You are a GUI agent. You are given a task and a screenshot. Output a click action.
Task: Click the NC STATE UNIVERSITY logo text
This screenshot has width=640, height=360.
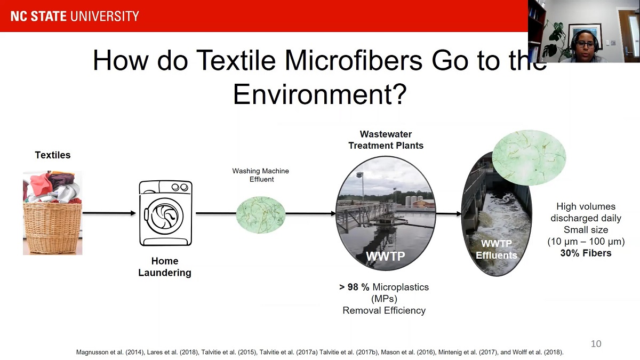(75, 16)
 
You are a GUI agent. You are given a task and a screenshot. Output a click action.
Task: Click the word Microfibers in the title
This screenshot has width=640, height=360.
(354, 60)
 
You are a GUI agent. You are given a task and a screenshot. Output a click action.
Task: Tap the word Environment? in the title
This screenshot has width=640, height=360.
(319, 94)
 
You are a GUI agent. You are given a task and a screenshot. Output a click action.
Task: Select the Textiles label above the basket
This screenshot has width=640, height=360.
(53, 155)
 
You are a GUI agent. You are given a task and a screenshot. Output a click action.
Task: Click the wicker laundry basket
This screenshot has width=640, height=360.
(53, 228)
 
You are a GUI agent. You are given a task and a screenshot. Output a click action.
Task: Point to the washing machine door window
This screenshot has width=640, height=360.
(164, 215)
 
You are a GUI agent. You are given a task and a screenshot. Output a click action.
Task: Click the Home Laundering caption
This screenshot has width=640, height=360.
(165, 267)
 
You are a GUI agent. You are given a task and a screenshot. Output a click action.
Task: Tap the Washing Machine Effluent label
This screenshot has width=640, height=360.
(261, 175)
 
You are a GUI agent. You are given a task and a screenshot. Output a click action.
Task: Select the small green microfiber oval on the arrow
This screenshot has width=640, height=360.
(261, 214)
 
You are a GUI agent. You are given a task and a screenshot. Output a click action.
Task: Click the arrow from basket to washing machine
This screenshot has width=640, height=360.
(109, 213)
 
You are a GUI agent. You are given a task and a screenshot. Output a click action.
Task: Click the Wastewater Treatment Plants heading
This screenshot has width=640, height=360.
(386, 140)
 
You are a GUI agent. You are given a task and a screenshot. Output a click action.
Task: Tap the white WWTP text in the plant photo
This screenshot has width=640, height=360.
(386, 255)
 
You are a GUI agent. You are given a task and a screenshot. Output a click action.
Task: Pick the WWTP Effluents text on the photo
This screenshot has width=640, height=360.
(497, 249)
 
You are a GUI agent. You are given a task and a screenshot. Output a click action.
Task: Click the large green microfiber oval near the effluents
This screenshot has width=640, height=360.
(529, 157)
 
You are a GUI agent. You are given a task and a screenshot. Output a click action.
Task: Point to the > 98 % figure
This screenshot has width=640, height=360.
(354, 287)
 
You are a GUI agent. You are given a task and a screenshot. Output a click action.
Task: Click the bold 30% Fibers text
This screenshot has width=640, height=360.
(586, 253)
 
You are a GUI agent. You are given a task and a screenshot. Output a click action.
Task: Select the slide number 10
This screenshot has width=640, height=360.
(596, 343)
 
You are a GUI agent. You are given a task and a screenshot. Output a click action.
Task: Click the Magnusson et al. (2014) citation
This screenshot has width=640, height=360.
(110, 352)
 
